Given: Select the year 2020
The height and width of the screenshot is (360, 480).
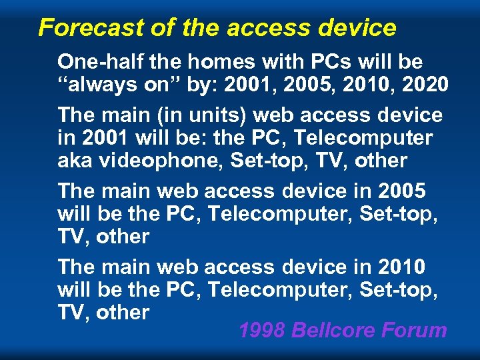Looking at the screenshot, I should tap(423, 85).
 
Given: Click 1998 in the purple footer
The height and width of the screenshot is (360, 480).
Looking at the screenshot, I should tap(261, 330).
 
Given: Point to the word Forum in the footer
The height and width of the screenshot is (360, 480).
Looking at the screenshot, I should tap(418, 330).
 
